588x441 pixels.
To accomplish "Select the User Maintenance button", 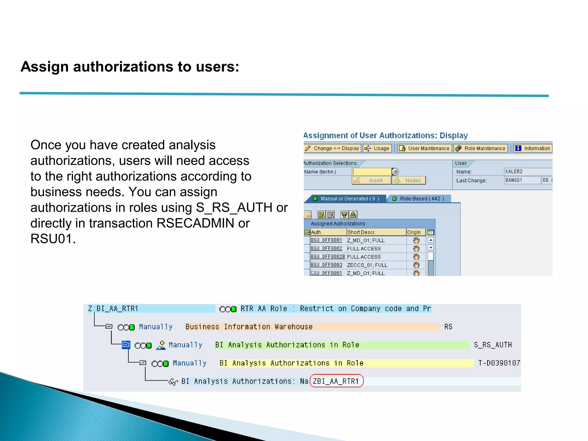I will pyautogui.click(x=425, y=148).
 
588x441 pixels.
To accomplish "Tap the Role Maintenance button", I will pyautogui.click(x=481, y=148).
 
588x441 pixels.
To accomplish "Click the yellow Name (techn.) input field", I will pyautogui.click(x=372, y=172).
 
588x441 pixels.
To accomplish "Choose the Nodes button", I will pyautogui.click(x=409, y=181).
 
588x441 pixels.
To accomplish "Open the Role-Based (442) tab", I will pyautogui.click(x=419, y=199).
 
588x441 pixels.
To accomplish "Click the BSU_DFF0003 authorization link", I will pyautogui.click(x=326, y=265).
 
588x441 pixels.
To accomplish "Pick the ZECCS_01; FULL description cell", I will pyautogui.click(x=367, y=265).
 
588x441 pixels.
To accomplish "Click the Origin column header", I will pyautogui.click(x=414, y=232).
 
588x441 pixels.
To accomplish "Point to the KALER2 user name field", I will pyautogui.click(x=528, y=172).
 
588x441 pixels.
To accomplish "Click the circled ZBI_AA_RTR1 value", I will pyautogui.click(x=336, y=381).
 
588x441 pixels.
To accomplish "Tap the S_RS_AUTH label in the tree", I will pyautogui.click(x=493, y=345).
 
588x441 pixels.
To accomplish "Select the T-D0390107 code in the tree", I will pyautogui.click(x=499, y=363).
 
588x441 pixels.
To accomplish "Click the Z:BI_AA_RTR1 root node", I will pyautogui.click(x=113, y=309).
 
